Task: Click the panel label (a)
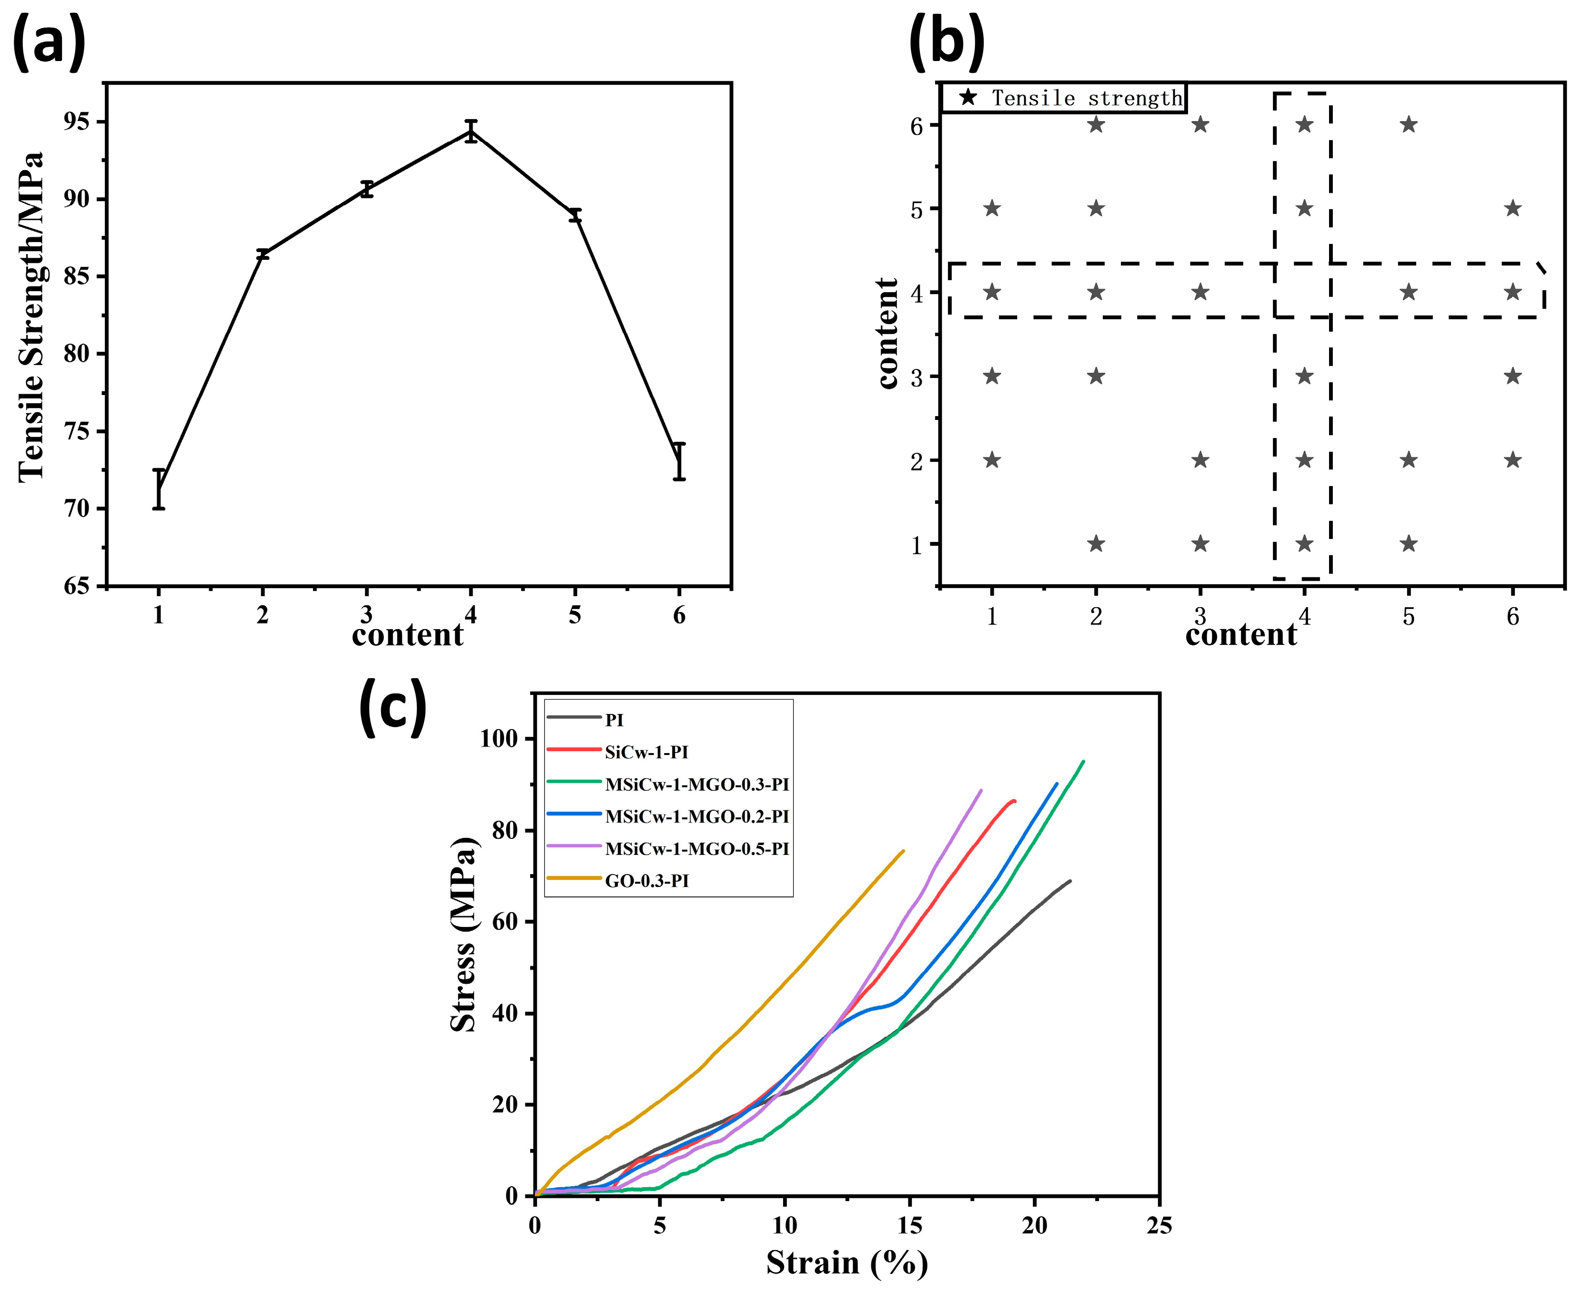(x=49, y=42)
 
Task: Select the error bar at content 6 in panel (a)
(x=679, y=461)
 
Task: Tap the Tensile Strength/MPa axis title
(x=31, y=316)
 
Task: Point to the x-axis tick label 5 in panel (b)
(x=1408, y=617)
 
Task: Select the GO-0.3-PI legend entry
(x=646, y=881)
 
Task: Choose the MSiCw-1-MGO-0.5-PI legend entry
(x=696, y=849)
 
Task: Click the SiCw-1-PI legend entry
(x=646, y=752)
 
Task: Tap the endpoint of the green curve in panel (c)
(x=1083, y=761)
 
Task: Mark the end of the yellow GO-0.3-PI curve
(x=903, y=851)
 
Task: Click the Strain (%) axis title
(x=846, y=1263)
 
